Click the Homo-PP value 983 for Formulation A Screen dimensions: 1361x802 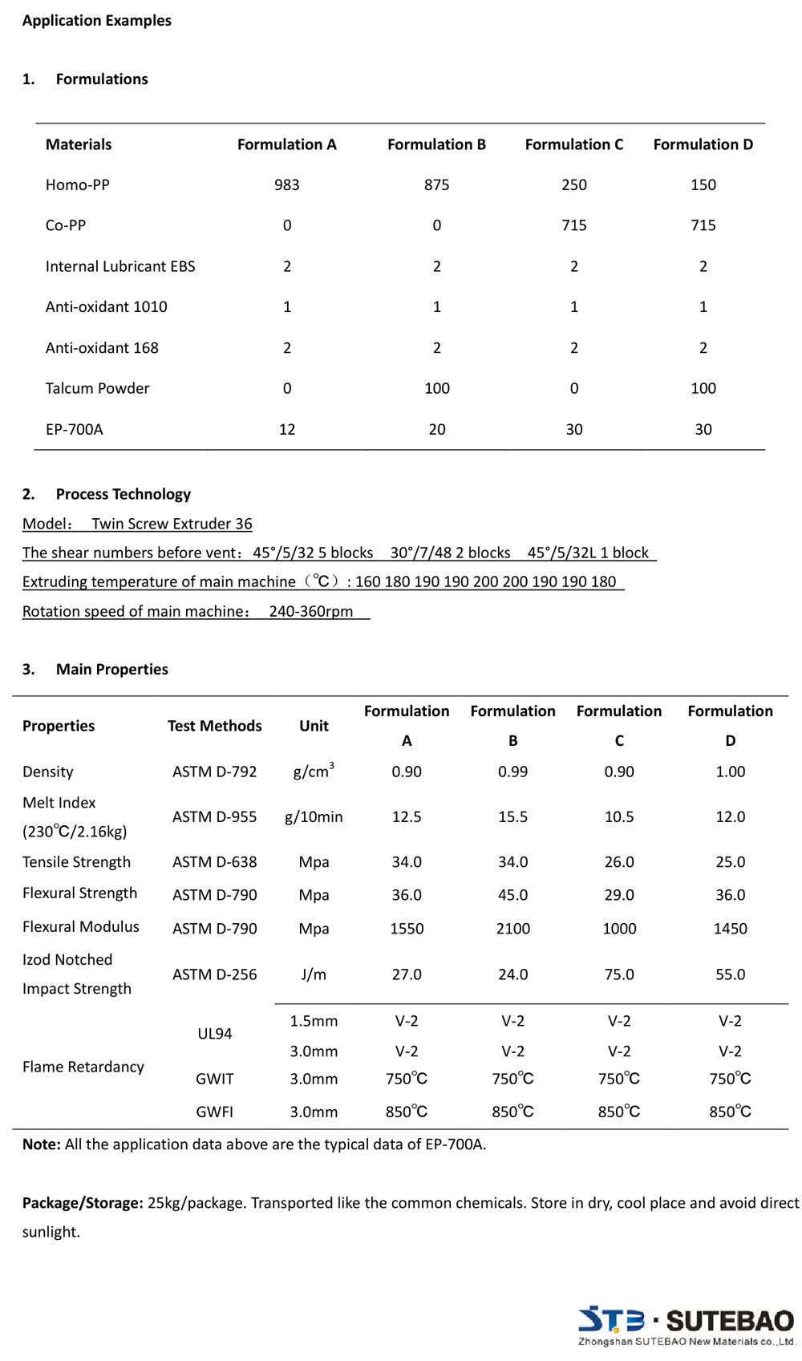coord(286,184)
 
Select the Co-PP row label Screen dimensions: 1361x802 coord(66,225)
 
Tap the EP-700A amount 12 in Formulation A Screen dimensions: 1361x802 coord(286,429)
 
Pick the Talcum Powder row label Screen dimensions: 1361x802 coord(97,388)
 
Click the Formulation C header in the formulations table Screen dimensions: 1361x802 coord(573,144)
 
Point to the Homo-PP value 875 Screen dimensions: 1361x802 coord(436,184)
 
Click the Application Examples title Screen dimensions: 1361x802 coord(96,20)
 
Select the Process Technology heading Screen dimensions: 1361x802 coord(123,494)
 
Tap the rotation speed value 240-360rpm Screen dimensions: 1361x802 coord(311,611)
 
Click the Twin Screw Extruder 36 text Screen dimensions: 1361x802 coord(172,524)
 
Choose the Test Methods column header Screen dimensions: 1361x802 coord(214,726)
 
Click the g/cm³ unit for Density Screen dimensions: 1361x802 coord(314,771)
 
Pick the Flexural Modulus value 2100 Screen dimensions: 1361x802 coord(512,928)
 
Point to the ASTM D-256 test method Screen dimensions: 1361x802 coord(214,974)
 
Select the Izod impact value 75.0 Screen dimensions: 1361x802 coord(618,974)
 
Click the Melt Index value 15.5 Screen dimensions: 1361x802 coord(512,816)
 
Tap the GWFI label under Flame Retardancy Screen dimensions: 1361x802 coord(214,1112)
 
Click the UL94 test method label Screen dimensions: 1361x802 coord(214,1034)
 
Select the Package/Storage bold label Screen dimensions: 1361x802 coord(83,1203)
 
